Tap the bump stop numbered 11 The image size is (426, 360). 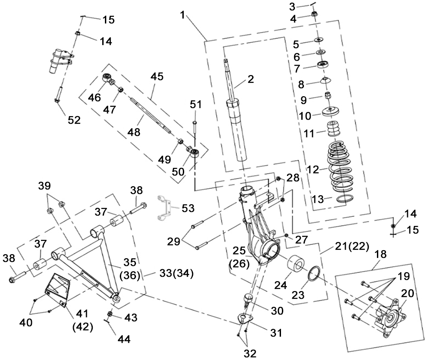[333, 128]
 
